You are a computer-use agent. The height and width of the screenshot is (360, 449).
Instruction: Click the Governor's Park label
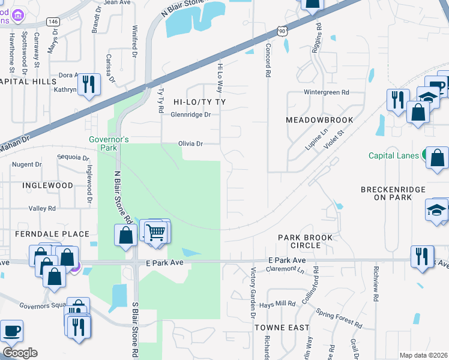pos(109,143)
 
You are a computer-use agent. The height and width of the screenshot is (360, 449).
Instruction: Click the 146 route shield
pos(53,21)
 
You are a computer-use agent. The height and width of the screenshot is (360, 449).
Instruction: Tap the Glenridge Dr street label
pos(191,115)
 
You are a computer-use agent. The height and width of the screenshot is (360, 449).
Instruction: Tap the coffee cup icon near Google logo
pos(11,331)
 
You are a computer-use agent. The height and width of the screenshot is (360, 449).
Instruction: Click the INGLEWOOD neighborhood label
pos(47,185)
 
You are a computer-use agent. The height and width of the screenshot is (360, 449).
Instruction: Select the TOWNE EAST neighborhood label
pos(282,328)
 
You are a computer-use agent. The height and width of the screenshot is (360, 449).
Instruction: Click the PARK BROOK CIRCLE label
pos(305,242)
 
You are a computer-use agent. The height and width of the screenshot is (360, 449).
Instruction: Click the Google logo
pos(20,353)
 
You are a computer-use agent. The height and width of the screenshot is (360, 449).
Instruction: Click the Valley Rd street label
pos(42,208)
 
